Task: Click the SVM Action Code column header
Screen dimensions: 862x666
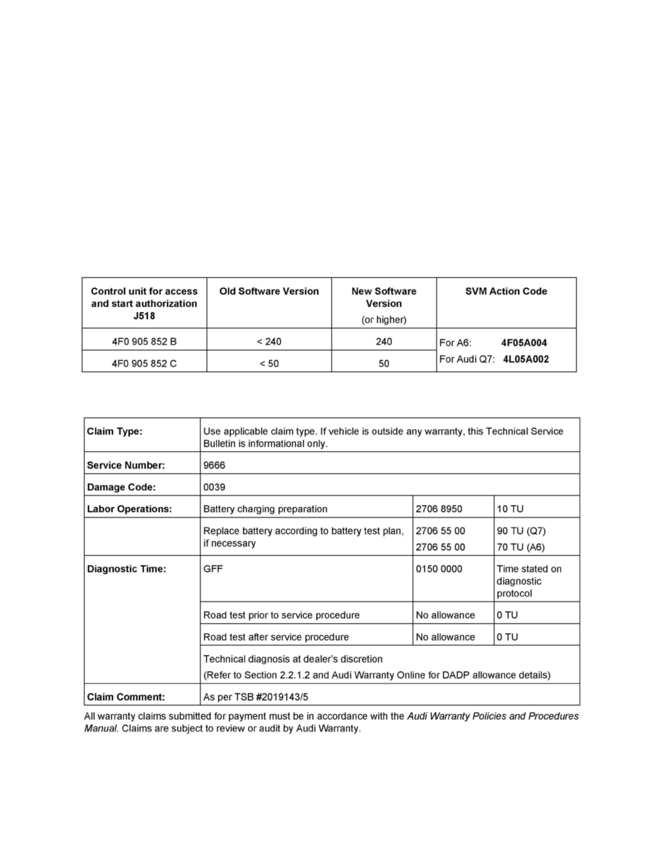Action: [506, 292]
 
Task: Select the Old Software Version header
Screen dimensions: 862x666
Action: [269, 292]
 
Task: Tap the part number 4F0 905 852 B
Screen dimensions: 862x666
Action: [144, 342]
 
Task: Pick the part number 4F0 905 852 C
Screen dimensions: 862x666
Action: [144, 364]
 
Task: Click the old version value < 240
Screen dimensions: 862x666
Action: [269, 342]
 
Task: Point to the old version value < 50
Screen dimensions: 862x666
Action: [269, 364]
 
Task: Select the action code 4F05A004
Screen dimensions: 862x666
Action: [524, 342]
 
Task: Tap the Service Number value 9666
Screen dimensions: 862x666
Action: [215, 465]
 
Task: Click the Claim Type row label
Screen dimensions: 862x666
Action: [115, 431]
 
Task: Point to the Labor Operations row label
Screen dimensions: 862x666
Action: [129, 509]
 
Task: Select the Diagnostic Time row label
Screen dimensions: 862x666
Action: [126, 569]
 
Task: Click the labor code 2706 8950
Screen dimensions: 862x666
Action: [439, 509]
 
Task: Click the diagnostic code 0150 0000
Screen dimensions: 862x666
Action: [439, 569]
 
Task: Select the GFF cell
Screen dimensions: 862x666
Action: [213, 569]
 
